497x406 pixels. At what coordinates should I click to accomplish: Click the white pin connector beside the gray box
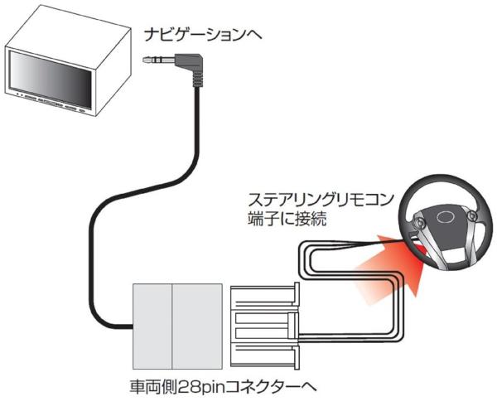262,324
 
